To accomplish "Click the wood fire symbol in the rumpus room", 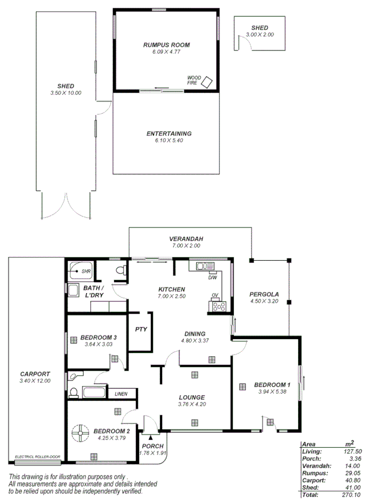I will click(207, 82).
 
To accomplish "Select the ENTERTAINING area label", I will click(169, 134).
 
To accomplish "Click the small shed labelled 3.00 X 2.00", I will click(259, 31).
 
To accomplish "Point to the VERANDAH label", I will click(185, 239).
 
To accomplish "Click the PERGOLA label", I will click(264, 294).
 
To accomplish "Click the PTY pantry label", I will click(141, 329).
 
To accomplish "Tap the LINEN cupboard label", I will click(121, 394).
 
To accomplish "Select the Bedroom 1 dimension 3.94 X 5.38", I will click(272, 392).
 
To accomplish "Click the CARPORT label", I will click(34, 373).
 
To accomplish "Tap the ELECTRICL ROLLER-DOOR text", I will click(37, 457).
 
